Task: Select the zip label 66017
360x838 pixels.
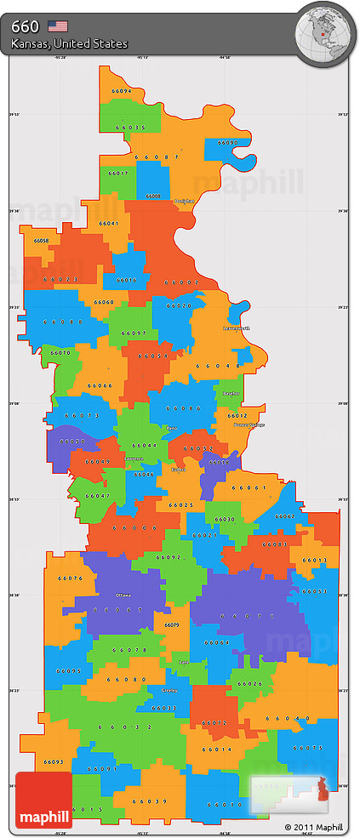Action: point(117,174)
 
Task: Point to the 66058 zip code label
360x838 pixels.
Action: point(41,241)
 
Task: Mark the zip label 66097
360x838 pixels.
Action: point(134,333)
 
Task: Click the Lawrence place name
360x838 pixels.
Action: point(133,459)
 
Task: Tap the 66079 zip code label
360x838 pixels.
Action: point(171,625)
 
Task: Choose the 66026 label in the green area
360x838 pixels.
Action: point(250,683)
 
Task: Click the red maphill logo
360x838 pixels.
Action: point(43,800)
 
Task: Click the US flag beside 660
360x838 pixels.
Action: point(57,26)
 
